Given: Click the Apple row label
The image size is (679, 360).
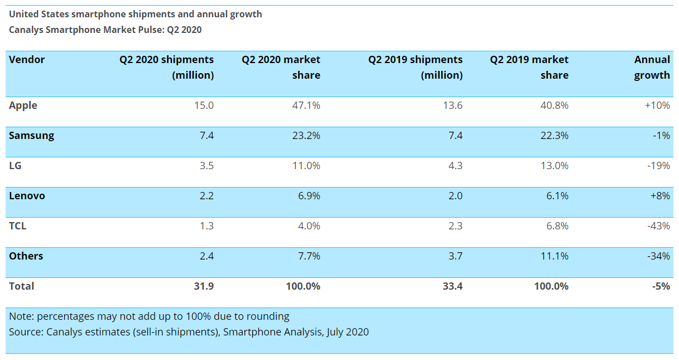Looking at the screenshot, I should coord(23,105).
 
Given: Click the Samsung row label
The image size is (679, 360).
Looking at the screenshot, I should coord(31,136).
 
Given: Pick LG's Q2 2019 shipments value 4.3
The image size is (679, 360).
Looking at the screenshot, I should coord(454,166).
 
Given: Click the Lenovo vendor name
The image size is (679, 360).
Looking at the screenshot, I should coord(27,196).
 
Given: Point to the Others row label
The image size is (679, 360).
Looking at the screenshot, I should coord(26,256).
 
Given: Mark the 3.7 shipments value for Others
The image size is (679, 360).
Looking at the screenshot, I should coord(454,256).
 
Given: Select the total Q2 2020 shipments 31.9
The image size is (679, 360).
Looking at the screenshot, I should coord(203,286).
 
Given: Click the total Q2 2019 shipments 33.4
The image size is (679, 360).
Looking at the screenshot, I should coord(452,286).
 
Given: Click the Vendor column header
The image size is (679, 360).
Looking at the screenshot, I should coord(27,60).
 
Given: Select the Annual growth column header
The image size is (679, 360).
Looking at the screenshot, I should coord(652,68).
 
